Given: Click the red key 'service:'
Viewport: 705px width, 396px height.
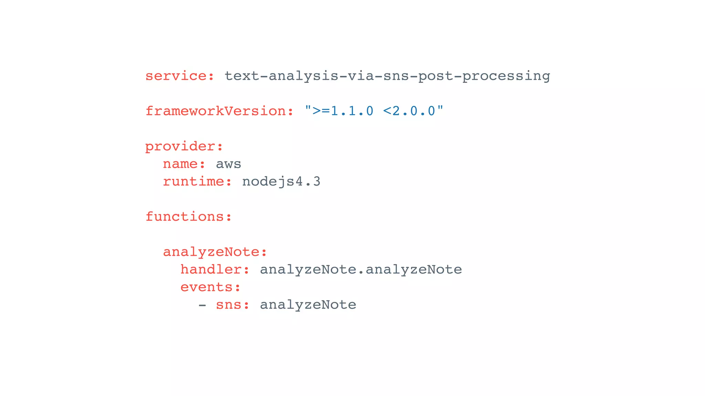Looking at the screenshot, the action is [180, 76].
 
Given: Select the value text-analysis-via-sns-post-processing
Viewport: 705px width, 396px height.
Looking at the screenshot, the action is [387, 76].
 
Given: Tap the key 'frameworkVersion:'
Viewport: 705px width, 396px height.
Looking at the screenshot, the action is [219, 111].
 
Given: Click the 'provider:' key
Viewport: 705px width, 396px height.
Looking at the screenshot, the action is [184, 146].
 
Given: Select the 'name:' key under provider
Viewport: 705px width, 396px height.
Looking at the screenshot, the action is [184, 164].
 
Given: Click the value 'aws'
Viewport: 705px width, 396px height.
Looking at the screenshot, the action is [228, 164].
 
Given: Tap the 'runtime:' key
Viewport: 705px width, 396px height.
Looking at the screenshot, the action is [197, 181].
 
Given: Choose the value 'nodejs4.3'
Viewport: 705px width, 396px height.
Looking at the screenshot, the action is [281, 181].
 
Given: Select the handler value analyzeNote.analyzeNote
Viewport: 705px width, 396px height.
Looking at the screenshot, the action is [361, 269].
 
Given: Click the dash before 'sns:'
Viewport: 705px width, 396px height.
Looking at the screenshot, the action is [202, 305].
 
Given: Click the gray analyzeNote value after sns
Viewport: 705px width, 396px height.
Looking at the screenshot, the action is [308, 305].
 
